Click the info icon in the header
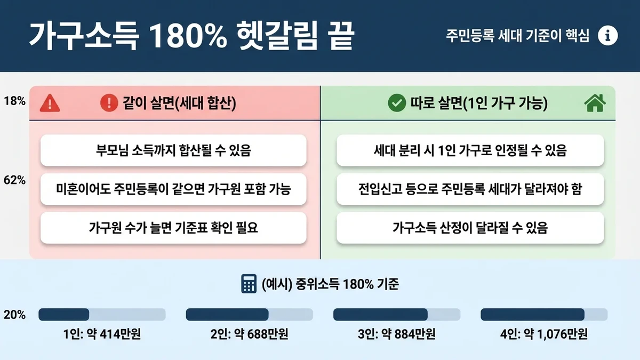pos(607,36)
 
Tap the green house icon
pos(595,103)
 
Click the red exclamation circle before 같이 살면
pos(109,103)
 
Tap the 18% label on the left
pos(14,101)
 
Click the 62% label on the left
pos(14,180)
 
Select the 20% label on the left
pos(14,315)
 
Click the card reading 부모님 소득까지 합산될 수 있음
pos(173,150)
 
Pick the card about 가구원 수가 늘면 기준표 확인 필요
pos(173,228)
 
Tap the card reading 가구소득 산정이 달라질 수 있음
pos(470,228)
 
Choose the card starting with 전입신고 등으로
pos(470,189)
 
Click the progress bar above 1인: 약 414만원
pos(102,315)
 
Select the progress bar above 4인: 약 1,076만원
pos(544,315)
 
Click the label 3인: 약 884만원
pos(397,334)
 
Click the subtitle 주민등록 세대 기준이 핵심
pos(517,36)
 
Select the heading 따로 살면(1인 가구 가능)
pos(478,103)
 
